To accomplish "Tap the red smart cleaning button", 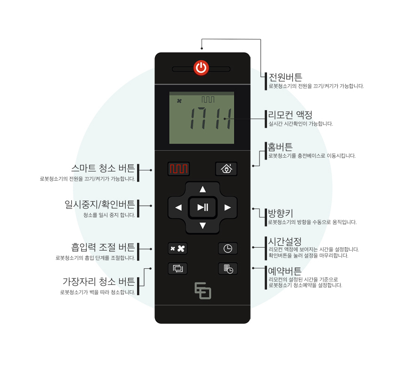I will pos(178,169).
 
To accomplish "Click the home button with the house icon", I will pos(227,169).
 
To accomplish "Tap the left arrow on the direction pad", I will pos(178,207).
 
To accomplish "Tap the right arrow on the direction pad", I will pos(227,207).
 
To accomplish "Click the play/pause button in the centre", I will pos(202,207).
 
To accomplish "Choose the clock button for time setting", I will pos(227,248).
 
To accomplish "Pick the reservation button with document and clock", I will pos(227,269).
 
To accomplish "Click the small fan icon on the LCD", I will pos(179,101).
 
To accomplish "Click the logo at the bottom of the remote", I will pos(203,290).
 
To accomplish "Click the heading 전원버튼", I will pos(285,77).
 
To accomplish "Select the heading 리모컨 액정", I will pos(290,115).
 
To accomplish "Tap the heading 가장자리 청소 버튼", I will pos(99,282).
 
